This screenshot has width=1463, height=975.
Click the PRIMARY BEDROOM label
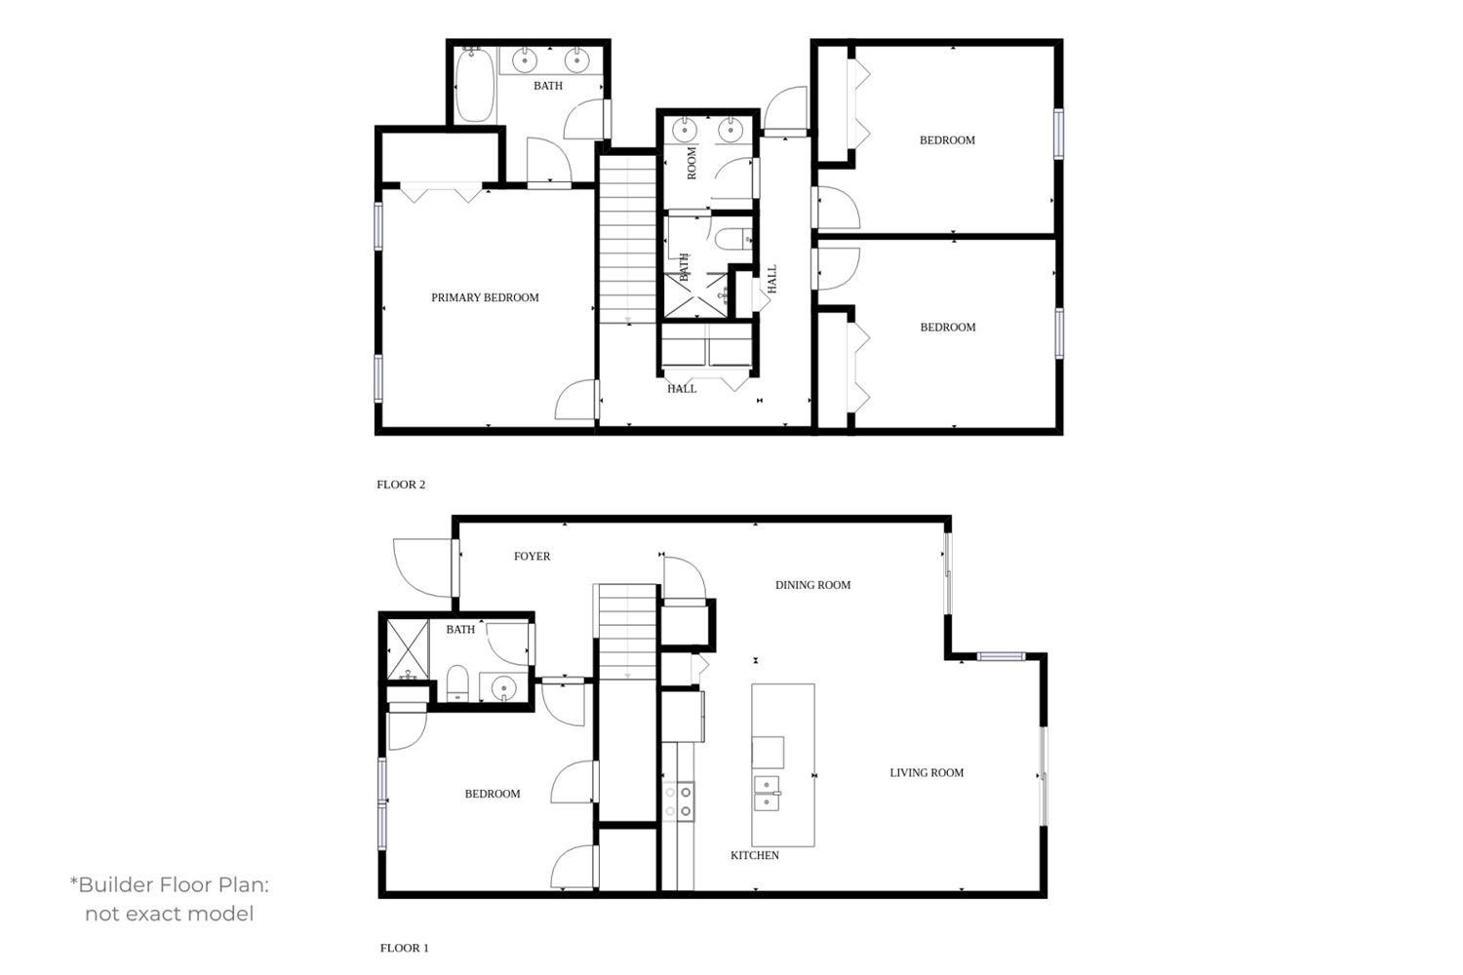pos(485,297)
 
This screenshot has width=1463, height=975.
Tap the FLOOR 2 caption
pos(401,485)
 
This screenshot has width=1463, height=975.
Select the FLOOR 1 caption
pos(405,949)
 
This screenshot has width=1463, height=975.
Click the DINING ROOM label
pos(812,585)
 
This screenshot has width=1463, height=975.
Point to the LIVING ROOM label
pos(927,772)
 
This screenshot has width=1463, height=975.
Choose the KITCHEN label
pos(754,855)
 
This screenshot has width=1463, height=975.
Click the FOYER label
pos(532,557)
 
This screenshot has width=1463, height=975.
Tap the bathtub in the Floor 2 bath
pos(474,86)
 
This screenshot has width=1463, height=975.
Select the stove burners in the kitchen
pos(679,801)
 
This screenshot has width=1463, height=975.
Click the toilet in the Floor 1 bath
pos(457,683)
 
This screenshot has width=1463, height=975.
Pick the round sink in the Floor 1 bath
pos(503,687)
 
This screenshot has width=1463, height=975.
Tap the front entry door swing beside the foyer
pos(423,567)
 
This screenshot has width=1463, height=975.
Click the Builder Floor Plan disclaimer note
pos(170,899)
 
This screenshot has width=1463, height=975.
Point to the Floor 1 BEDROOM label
pos(493,794)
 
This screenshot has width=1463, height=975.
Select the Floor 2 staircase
pos(628,239)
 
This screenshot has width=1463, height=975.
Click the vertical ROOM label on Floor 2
pos(692,163)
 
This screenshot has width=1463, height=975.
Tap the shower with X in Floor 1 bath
pos(409,650)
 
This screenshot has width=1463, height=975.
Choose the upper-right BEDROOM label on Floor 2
pos(947,140)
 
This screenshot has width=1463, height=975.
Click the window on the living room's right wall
pos(1043,776)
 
